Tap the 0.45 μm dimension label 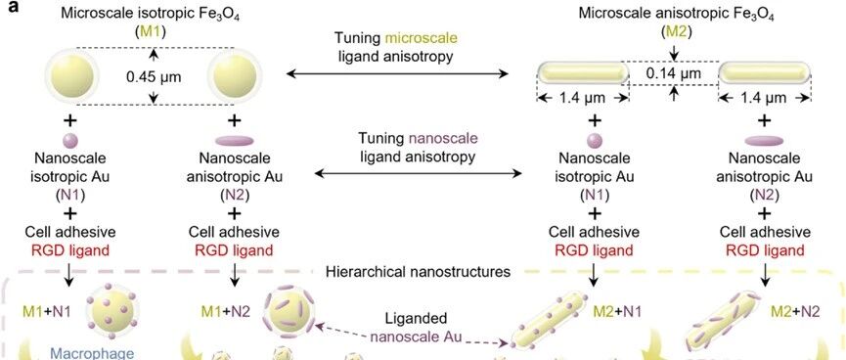coord(154,76)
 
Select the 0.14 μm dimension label coord(674,72)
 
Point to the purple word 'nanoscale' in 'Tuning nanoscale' coord(443,139)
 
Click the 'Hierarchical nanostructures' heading coord(419,272)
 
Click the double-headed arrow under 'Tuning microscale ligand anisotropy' coord(398,73)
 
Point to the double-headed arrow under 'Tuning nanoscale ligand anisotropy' coord(419,173)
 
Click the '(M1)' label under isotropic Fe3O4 coord(151,32)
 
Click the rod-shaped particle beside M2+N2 coord(723,322)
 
